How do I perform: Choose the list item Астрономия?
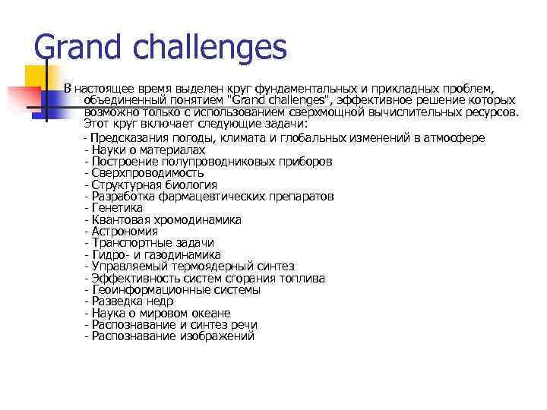coord(125,232)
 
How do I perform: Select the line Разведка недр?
coord(132,301)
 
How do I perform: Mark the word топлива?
coord(302,279)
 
